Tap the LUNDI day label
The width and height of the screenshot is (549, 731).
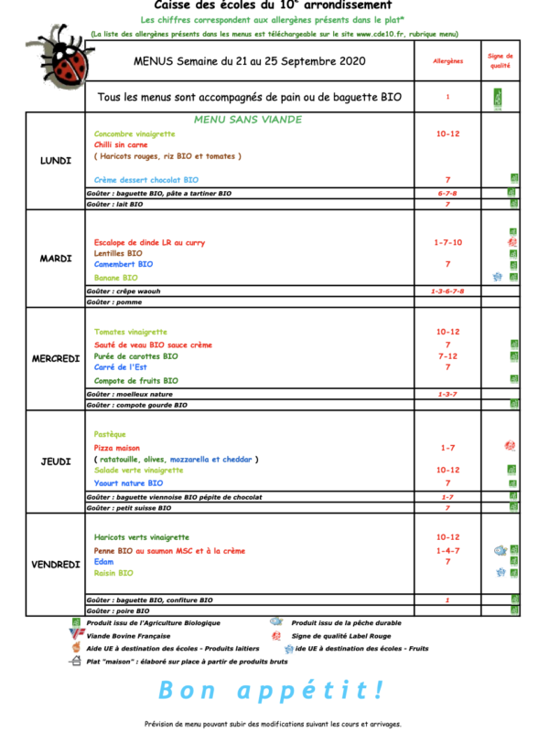56,161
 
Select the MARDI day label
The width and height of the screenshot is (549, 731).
56,259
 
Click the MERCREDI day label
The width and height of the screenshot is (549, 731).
56,358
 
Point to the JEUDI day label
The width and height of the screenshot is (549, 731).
56,461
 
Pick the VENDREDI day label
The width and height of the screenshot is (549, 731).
56,565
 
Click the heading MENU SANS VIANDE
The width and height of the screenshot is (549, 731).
247,120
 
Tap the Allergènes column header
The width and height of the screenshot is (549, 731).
447,61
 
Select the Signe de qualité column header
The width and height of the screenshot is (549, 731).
501,61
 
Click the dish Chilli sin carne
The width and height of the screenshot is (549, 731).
122,144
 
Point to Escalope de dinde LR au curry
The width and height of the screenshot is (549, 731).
149,242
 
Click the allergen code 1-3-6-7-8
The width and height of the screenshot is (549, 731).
447,291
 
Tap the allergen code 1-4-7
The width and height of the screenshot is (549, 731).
447,551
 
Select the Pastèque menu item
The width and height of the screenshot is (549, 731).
110,434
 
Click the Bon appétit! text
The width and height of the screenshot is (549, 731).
273,689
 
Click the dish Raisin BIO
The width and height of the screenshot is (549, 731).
113,573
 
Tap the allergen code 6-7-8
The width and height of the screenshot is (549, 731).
447,193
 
